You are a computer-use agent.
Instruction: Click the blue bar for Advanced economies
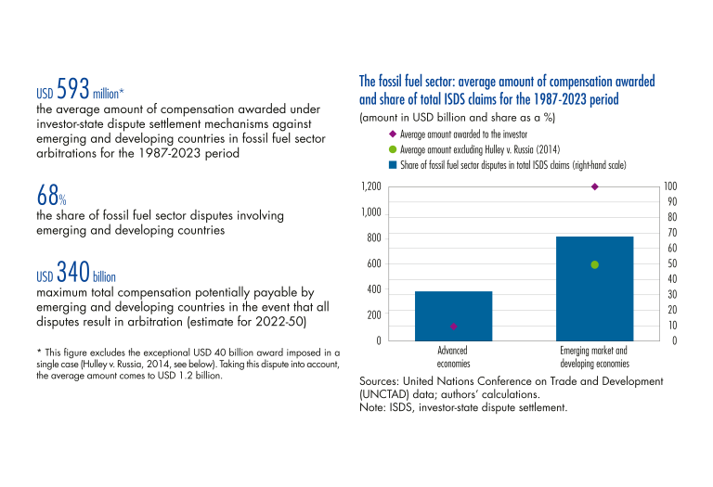tap(453, 315)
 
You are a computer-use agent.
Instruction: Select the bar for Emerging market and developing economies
tap(595, 288)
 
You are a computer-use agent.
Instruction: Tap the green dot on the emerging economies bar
tap(595, 265)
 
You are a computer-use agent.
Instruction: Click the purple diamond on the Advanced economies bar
tap(453, 327)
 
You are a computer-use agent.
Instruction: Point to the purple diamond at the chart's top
tap(595, 186)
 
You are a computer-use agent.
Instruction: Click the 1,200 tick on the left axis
tap(371, 186)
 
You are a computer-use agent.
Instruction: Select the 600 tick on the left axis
tap(374, 264)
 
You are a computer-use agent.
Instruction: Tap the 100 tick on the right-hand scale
tap(670, 186)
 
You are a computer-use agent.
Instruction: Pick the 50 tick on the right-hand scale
tap(672, 263)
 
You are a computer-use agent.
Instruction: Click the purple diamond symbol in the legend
tap(393, 134)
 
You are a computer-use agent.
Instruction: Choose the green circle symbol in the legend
tap(393, 149)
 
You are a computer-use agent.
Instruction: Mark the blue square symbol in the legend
tap(393, 165)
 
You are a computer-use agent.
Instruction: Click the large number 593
tap(72, 88)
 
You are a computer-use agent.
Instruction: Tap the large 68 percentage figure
tap(47, 196)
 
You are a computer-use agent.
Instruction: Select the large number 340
tap(72, 272)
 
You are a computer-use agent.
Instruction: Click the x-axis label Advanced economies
tap(453, 357)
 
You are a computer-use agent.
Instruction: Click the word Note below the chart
tap(370, 407)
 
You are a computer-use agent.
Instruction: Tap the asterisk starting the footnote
tap(39, 352)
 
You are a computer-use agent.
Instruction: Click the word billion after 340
tap(104, 276)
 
